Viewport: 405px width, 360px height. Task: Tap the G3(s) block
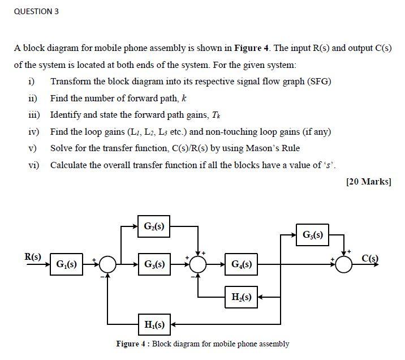[x=154, y=264]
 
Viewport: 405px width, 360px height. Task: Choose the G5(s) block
[x=313, y=234]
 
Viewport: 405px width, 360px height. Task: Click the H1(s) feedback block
[x=154, y=324]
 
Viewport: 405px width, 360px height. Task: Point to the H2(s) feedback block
[x=242, y=295]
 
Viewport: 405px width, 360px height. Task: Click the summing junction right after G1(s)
[x=107, y=264]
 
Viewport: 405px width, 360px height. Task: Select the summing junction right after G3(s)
[x=198, y=264]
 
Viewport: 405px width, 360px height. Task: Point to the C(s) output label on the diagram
[x=372, y=259]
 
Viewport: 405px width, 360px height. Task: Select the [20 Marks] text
[x=368, y=182]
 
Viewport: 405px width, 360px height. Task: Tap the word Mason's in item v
[x=265, y=148]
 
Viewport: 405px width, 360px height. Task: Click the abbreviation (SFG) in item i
[x=318, y=81]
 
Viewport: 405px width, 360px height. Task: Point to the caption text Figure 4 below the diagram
[x=132, y=344]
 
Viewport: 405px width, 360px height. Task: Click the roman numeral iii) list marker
[x=33, y=115]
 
